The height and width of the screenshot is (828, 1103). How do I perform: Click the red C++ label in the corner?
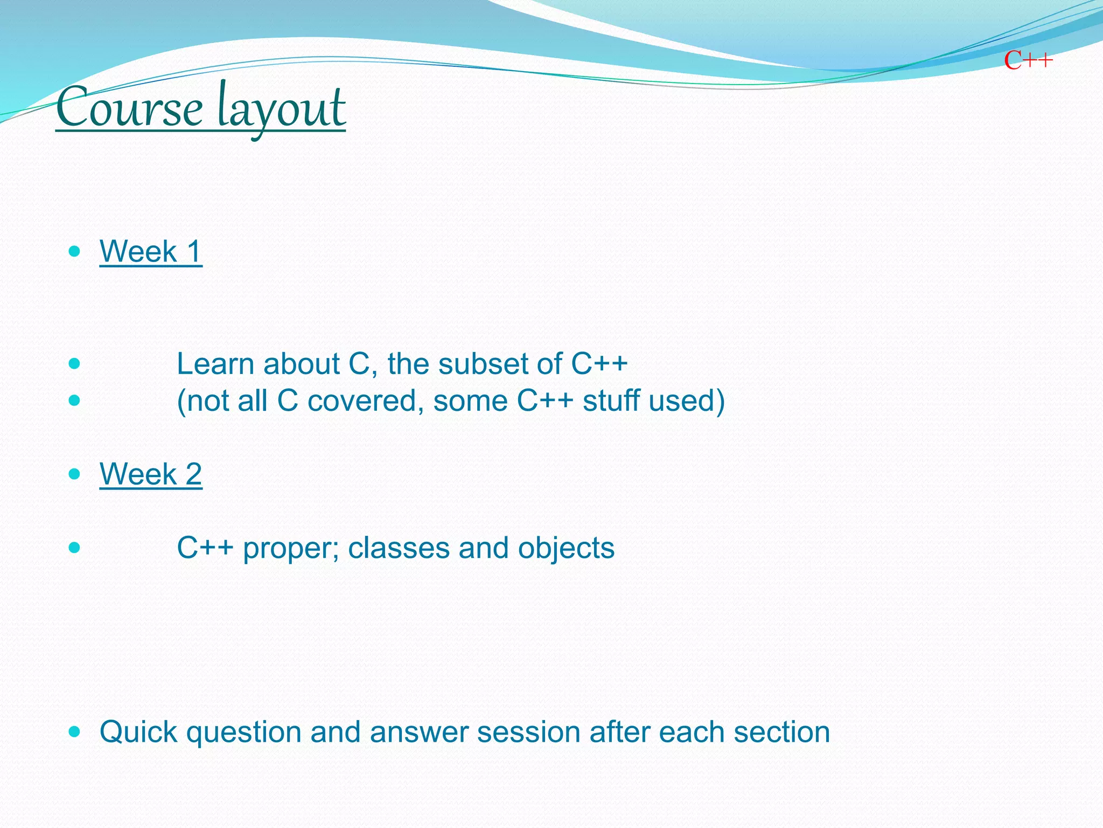[x=1028, y=60]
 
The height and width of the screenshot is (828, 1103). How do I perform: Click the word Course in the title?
[x=129, y=108]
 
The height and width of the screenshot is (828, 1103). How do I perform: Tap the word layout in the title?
[x=281, y=108]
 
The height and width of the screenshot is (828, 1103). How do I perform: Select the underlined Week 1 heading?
[x=151, y=252]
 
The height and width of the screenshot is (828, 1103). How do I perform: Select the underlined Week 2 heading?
[x=151, y=474]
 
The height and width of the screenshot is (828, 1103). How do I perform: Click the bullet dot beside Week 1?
[x=75, y=251]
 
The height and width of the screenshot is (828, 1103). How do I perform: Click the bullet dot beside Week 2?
[x=75, y=474]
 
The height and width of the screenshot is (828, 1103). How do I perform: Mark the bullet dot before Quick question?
[x=75, y=732]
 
